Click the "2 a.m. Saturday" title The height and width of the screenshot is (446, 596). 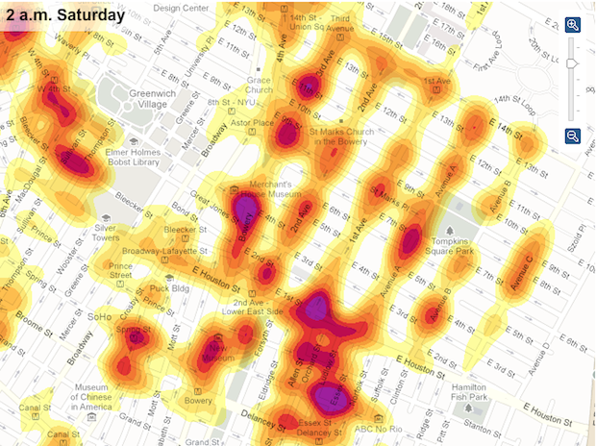click(64, 16)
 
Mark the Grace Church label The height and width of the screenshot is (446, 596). click(259, 86)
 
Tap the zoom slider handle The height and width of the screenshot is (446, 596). click(573, 63)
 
